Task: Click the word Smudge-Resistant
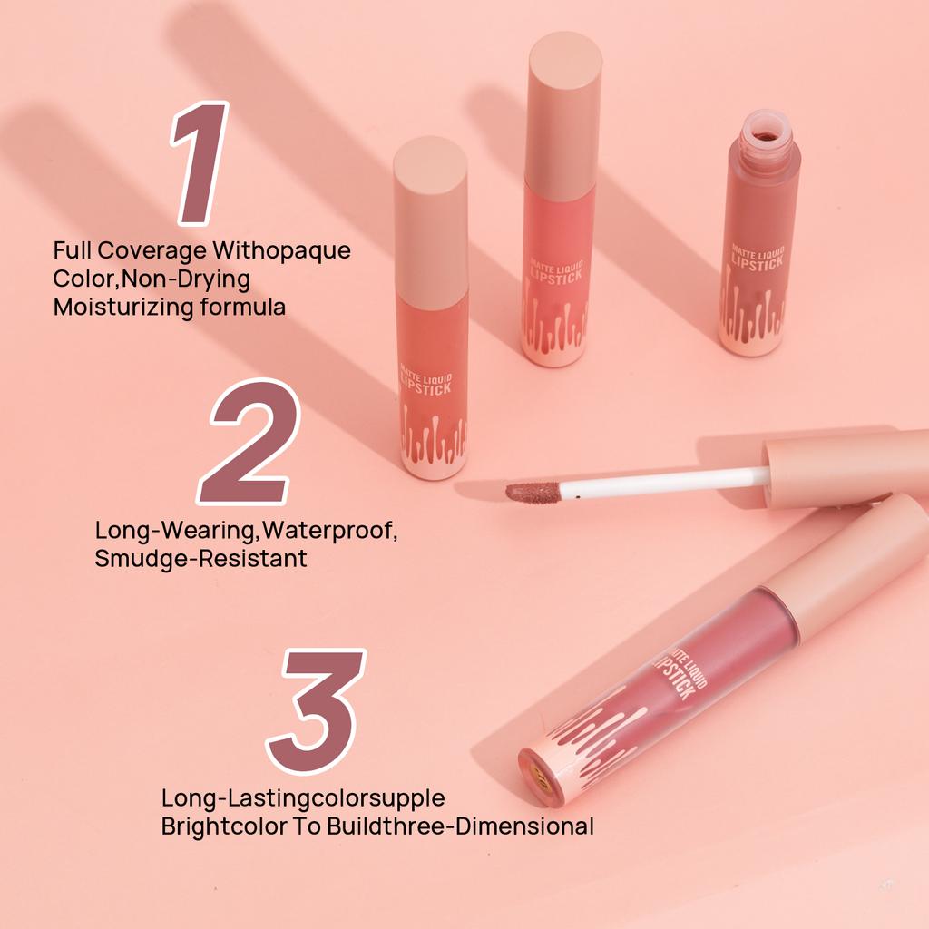point(200,558)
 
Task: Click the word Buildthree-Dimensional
point(484,826)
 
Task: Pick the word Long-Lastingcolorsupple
point(303,798)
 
